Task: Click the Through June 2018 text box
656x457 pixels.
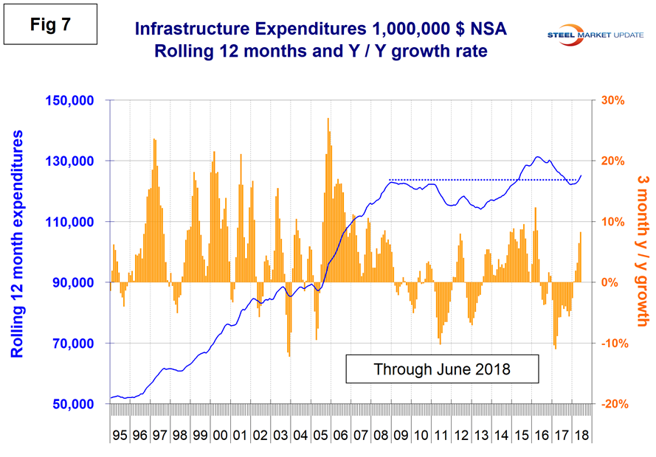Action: (441, 369)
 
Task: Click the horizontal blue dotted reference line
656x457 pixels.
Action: (480, 179)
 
